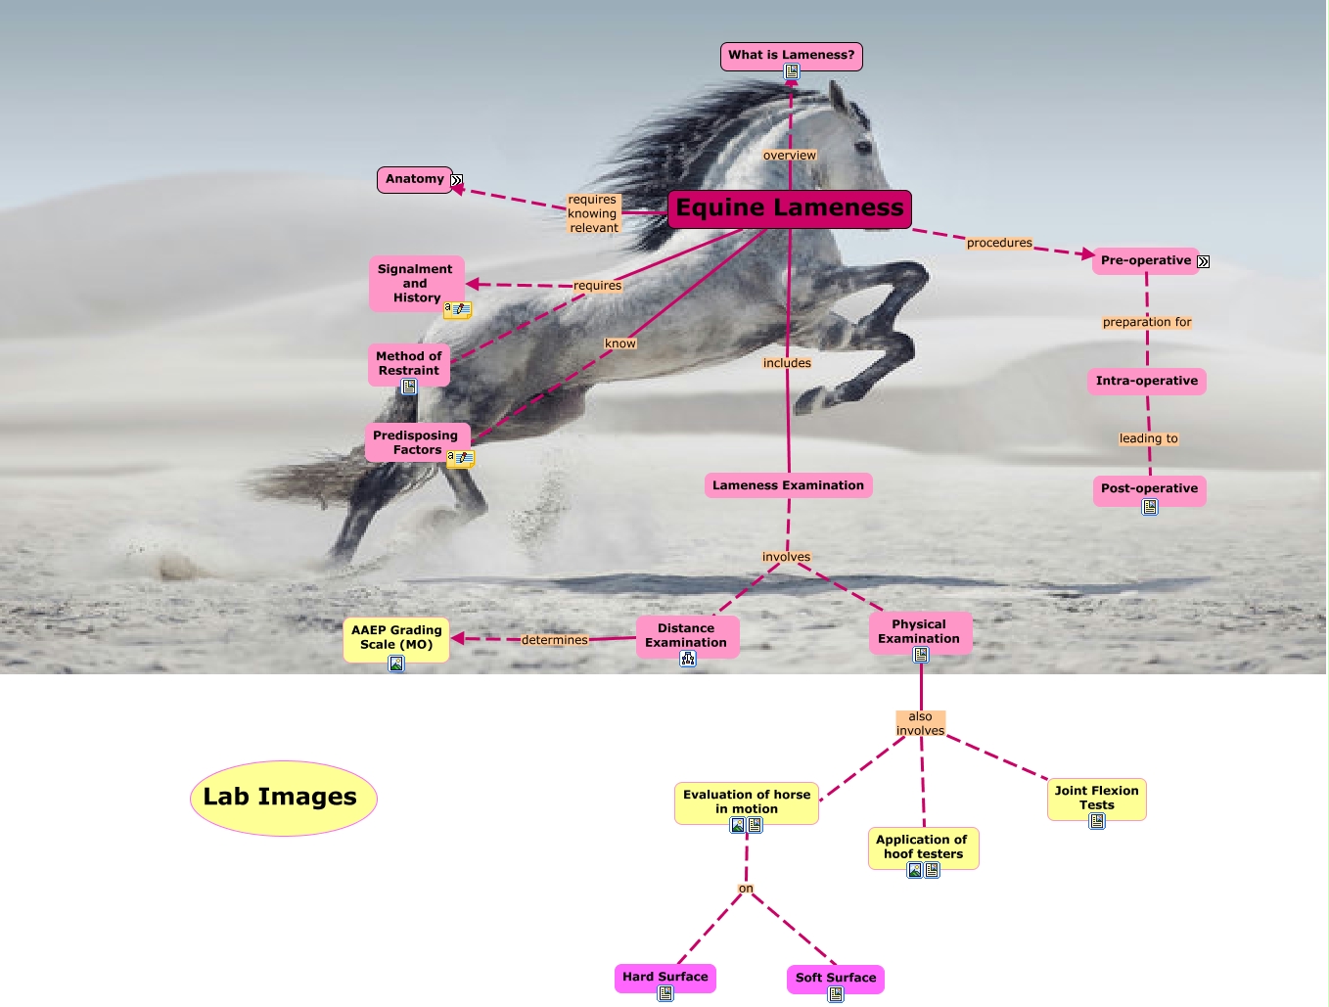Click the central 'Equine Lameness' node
pos(790,208)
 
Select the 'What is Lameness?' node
pos(791,55)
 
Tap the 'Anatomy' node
pos(414,179)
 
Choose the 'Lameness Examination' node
pos(788,485)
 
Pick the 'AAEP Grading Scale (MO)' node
pos(396,637)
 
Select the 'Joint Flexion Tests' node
pos(1096,798)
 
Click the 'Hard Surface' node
pos(664,977)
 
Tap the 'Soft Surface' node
pos(836,978)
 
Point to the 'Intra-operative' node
pos(1146,381)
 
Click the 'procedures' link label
pos(999,243)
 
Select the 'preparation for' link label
pos(1147,322)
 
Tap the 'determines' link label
pos(554,640)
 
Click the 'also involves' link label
pos(920,723)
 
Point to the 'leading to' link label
pos(1148,438)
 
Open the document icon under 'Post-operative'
pos(1150,507)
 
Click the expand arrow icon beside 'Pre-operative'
pos(1204,261)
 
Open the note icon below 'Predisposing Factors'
pos(461,458)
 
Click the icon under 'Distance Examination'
pos(688,659)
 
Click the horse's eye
pos(863,147)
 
